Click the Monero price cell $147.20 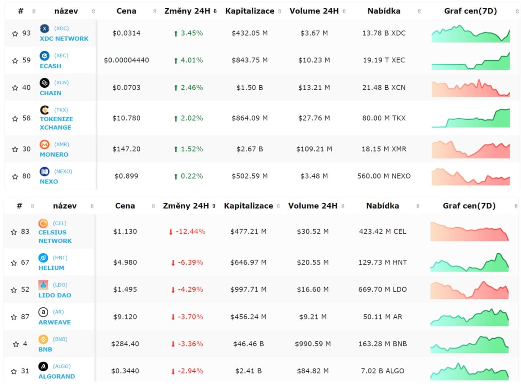[x=126, y=149]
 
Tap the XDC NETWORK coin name [x=64, y=39]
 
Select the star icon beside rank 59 [x=15, y=61]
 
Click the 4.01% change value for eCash [x=192, y=60]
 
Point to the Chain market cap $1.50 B [x=249, y=87]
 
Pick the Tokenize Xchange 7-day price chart [x=471, y=118]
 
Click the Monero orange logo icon [x=45, y=144]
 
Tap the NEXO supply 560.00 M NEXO [x=384, y=176]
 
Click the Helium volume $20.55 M [x=313, y=262]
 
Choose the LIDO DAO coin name [x=55, y=295]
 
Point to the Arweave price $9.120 [x=125, y=317]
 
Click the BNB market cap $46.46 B [x=248, y=344]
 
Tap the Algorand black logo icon [x=43, y=366]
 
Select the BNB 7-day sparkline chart [x=469, y=344]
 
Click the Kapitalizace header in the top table [x=250, y=11]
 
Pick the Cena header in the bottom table [x=125, y=206]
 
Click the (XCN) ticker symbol [x=61, y=83]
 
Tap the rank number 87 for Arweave [x=25, y=317]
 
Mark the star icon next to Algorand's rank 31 [x=14, y=371]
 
